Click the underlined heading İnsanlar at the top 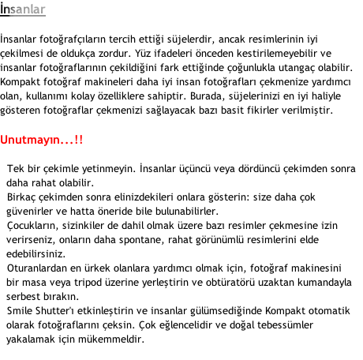[23, 9]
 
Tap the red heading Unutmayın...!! [42, 140]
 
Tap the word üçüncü [195, 169]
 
